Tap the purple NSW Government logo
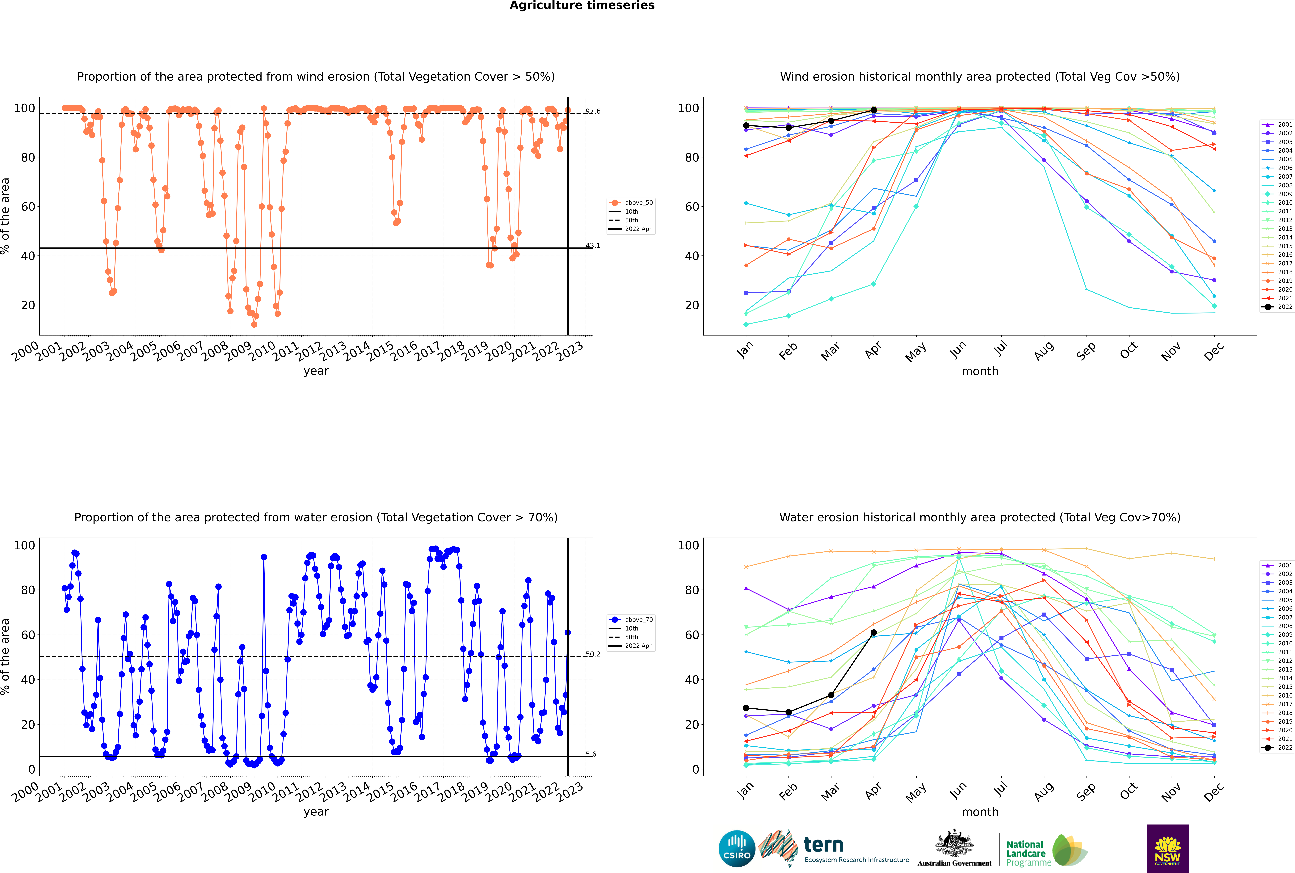pyautogui.click(x=1167, y=848)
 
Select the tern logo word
pyautogui.click(x=823, y=845)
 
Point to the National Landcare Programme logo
pyautogui.click(x=1046, y=850)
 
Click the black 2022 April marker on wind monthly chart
pyautogui.click(x=874, y=110)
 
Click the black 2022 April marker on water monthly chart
pyautogui.click(x=874, y=632)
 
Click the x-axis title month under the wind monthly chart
pyautogui.click(x=980, y=371)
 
